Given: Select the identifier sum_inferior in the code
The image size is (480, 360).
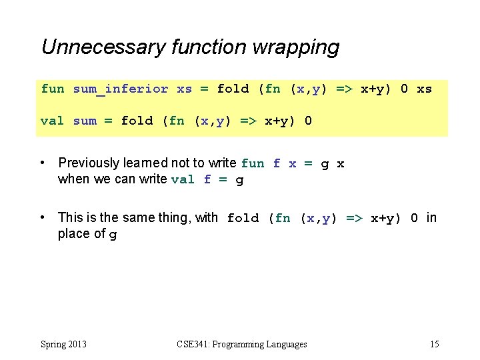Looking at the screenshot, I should pos(121,89).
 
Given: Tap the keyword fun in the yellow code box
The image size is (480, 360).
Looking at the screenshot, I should pos(53,89).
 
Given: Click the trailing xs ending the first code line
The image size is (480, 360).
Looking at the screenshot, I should pos(424,89).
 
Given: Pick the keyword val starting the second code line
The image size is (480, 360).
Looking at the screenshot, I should pos(53,121).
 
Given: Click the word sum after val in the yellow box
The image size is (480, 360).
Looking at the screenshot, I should pos(85,121).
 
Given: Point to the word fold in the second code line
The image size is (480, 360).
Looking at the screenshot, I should pos(137,121).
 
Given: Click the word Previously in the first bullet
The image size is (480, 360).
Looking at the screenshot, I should pos(89,163).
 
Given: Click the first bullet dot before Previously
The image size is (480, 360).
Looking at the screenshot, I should pos(43,163).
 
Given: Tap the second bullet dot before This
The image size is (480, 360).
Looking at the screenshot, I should pos(43,218).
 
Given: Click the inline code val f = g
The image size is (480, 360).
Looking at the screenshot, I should pos(207,179).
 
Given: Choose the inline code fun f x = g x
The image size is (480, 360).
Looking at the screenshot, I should pos(293,163).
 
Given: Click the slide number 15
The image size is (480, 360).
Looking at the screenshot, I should pos(434,345).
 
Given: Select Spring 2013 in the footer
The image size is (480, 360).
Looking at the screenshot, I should pos(63,345).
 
